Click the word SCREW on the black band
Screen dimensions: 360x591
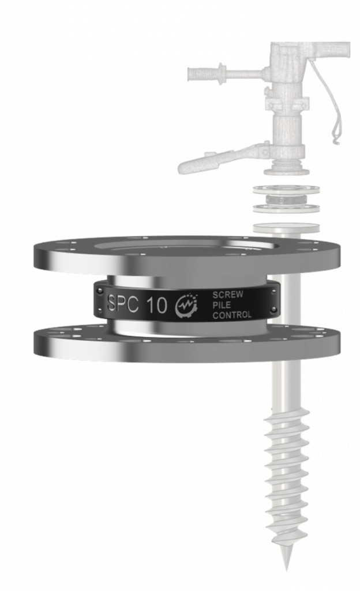pyautogui.click(x=227, y=295)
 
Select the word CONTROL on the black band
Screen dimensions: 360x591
pyautogui.click(x=231, y=315)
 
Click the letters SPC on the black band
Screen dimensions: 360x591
pyautogui.click(x=123, y=303)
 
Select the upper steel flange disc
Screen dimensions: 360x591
pyautogui.click(x=187, y=255)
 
